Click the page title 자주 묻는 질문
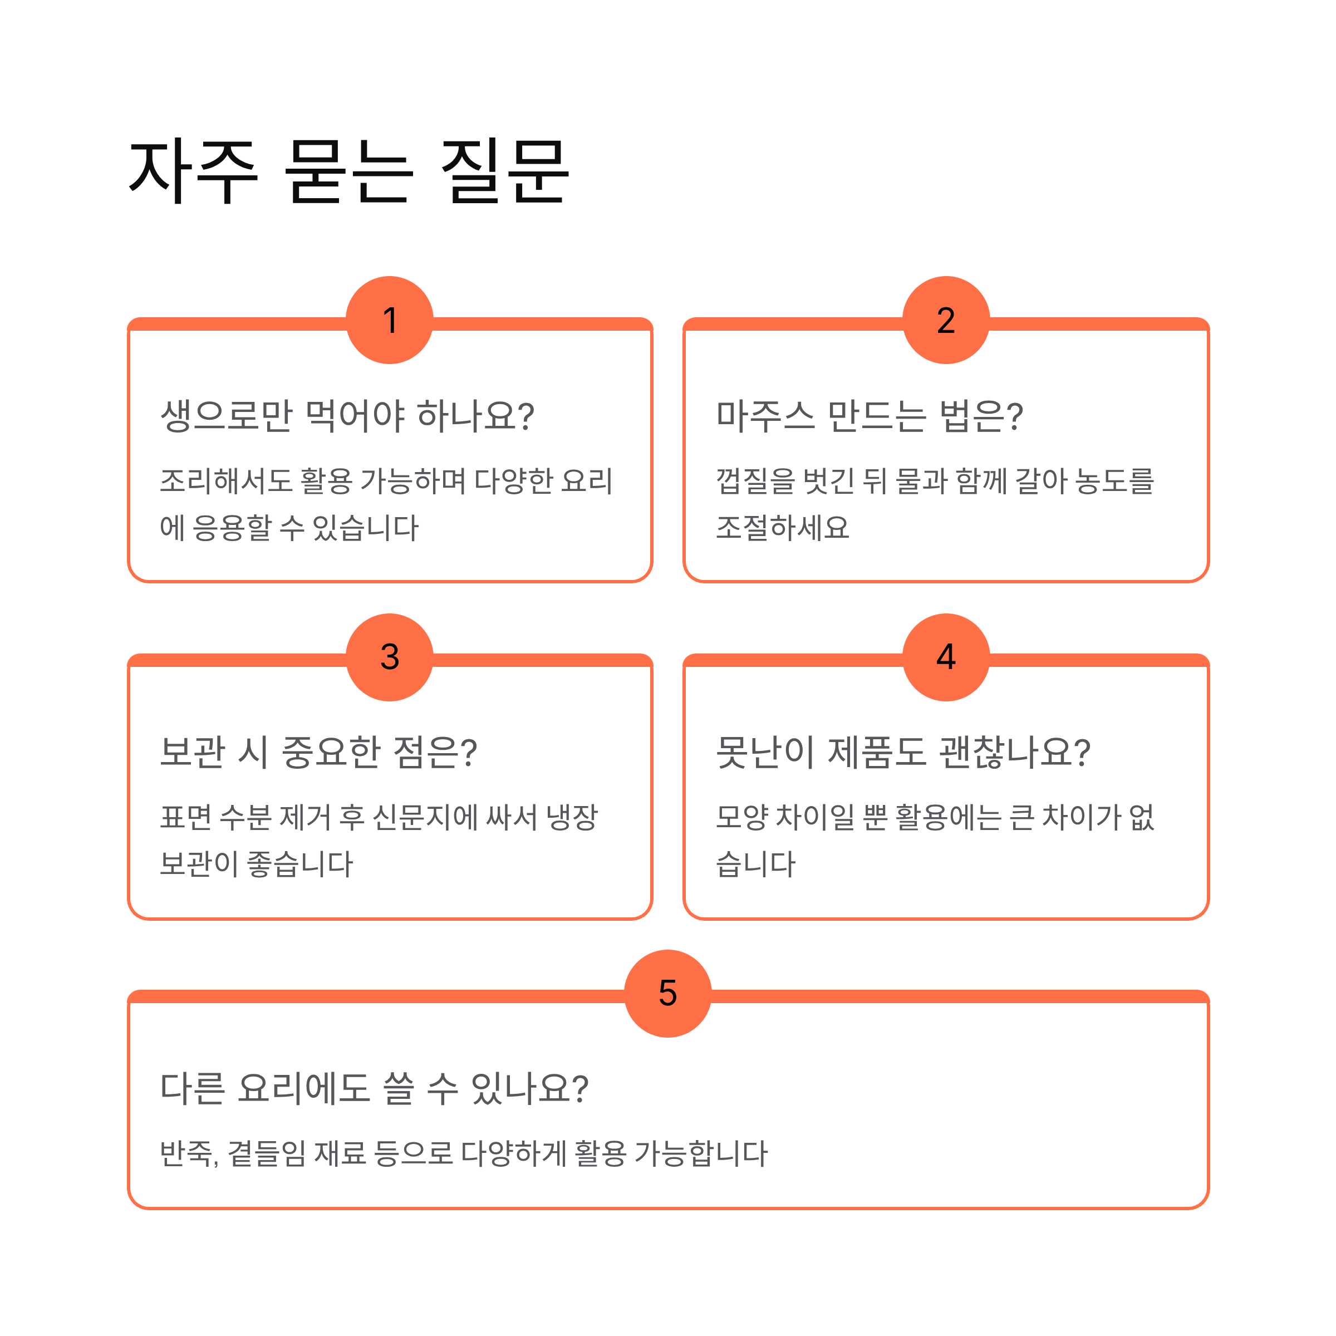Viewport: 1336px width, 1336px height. pos(349,171)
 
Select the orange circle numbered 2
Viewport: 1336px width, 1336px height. pos(945,320)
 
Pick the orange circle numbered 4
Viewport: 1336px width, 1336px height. pos(945,656)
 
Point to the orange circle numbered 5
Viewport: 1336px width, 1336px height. pos(667,993)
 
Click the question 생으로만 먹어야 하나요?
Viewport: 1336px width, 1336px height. pos(347,416)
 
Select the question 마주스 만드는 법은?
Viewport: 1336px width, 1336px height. pos(869,416)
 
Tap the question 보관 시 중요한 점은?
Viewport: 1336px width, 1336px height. pos(318,753)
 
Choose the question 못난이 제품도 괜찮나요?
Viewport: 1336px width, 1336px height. pos(902,753)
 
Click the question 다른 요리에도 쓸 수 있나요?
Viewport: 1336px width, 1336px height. pos(374,1088)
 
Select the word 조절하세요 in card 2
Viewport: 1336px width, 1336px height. pos(782,528)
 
